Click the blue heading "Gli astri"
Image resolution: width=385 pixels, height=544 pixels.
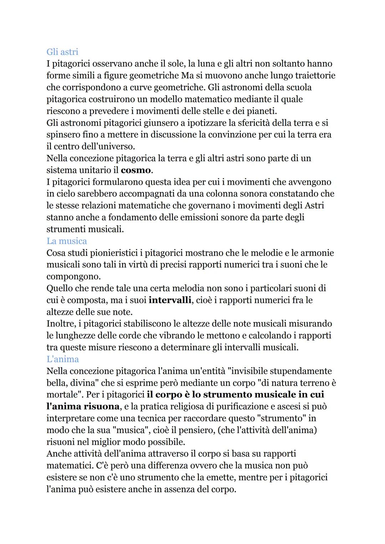[x=62, y=52]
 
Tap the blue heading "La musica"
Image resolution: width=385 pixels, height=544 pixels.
[x=67, y=241]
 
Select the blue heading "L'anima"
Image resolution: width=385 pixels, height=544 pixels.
[x=63, y=359]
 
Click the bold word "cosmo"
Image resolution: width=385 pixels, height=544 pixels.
[x=135, y=170]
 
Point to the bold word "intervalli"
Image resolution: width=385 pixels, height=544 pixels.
[x=170, y=300]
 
